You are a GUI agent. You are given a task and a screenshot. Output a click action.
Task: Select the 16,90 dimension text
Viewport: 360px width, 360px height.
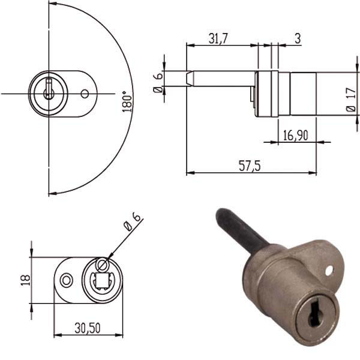pyautogui.click(x=295, y=136)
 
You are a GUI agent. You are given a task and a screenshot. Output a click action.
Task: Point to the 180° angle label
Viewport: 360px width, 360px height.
pyautogui.click(x=125, y=103)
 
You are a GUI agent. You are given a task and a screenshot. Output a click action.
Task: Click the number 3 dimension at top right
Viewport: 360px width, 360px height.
pyautogui.click(x=298, y=38)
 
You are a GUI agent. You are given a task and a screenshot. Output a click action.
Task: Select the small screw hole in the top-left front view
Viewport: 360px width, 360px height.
pyautogui.click(x=85, y=94)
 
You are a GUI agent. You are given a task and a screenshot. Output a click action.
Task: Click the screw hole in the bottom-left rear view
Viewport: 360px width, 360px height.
pyautogui.click(x=67, y=279)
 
